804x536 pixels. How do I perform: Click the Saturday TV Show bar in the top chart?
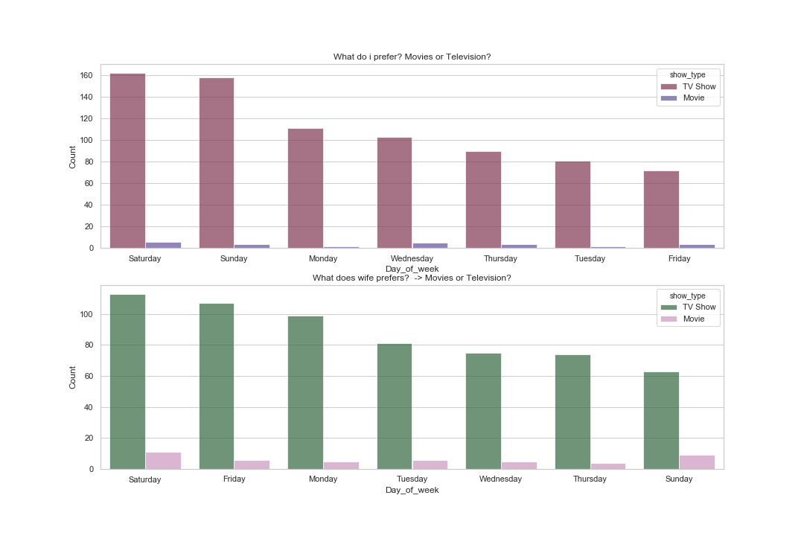coord(127,161)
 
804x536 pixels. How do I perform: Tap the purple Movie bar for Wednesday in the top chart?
coord(412,245)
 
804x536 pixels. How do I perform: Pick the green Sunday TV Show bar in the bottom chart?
coord(661,420)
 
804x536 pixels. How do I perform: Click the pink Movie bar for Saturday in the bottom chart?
coord(163,460)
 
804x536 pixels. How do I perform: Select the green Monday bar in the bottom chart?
coord(305,392)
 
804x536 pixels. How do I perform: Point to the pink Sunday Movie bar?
coord(697,462)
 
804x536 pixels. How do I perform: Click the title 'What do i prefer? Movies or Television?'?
coord(412,57)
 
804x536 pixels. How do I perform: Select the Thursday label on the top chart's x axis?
coord(501,259)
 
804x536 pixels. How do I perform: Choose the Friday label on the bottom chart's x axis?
coord(234,479)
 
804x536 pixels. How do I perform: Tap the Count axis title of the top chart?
coord(73,156)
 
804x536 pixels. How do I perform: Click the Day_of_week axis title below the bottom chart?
coord(412,490)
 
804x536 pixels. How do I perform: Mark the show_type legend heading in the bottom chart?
coord(687,295)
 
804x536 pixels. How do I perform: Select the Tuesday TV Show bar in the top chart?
coord(572,204)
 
